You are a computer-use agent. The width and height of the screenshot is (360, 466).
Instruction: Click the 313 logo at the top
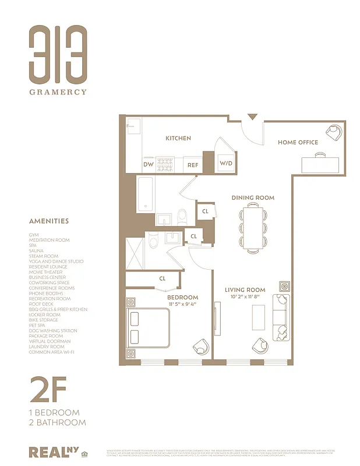point(58,54)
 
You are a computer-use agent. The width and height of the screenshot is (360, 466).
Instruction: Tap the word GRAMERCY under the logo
point(58,91)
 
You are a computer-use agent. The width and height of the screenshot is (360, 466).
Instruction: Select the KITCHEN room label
point(178,138)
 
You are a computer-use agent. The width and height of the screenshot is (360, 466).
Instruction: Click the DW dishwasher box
point(149,164)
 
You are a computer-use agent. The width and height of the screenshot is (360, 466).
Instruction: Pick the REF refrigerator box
point(192,165)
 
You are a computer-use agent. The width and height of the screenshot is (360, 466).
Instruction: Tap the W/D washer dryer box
point(225,164)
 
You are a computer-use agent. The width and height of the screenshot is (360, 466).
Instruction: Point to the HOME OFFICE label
point(298,142)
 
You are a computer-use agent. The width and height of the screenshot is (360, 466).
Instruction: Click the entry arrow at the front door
point(252,117)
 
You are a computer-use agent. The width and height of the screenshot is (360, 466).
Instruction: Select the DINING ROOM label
point(253,197)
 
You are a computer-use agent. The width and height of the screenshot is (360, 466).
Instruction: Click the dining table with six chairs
point(253,228)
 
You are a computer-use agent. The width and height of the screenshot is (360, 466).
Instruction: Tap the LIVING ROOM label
point(245,290)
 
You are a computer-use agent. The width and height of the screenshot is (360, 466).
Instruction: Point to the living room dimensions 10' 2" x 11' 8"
point(245,297)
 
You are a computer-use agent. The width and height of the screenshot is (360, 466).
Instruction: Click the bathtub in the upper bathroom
point(146,194)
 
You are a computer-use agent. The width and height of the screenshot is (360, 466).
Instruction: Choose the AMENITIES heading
point(49,221)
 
